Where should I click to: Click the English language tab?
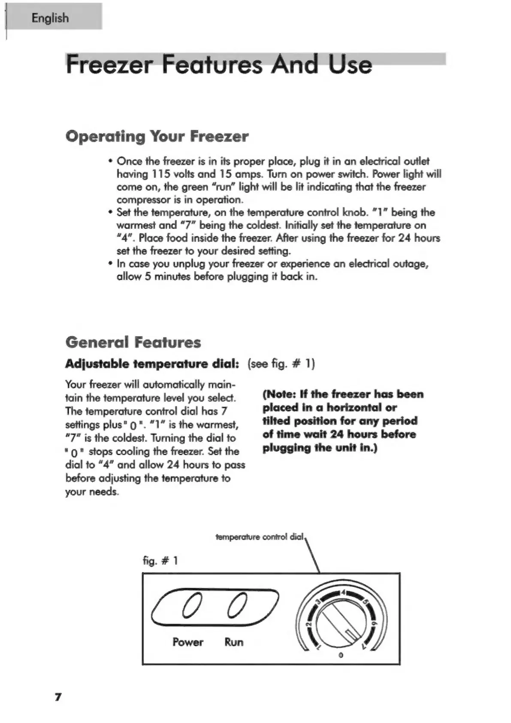coord(50,18)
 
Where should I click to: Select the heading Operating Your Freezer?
coord(157,137)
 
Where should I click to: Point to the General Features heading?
coord(133,343)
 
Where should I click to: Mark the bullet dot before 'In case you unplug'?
coord(111,264)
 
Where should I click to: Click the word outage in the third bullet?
coord(412,264)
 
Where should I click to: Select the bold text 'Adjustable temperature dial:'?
coord(152,364)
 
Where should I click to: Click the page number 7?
coord(58,696)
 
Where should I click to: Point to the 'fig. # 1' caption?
coord(160,561)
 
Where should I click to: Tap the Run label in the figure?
coord(234,642)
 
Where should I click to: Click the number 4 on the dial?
coord(343,593)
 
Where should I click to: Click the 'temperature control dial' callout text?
coord(260,537)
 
